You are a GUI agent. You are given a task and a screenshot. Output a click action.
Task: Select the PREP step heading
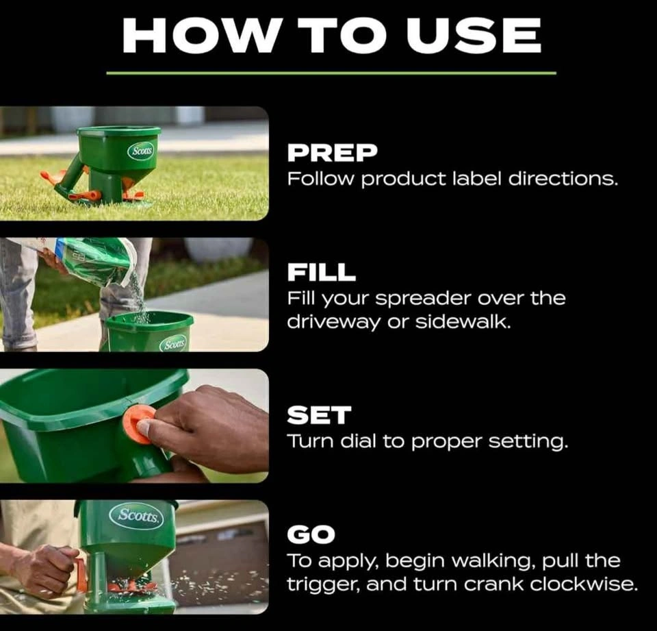(333, 153)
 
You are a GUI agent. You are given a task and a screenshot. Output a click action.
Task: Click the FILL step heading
(322, 272)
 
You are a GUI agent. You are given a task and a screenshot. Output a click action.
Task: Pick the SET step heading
(319, 415)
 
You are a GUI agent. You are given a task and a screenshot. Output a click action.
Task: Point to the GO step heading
(311, 534)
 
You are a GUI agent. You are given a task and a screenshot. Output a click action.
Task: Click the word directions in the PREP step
(563, 179)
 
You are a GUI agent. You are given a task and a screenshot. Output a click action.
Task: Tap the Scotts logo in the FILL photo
(174, 345)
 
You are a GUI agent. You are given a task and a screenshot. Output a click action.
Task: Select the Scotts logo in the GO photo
(137, 515)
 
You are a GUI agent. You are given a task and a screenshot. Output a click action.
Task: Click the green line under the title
(331, 73)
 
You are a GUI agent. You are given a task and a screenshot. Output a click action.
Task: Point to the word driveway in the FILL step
(333, 323)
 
